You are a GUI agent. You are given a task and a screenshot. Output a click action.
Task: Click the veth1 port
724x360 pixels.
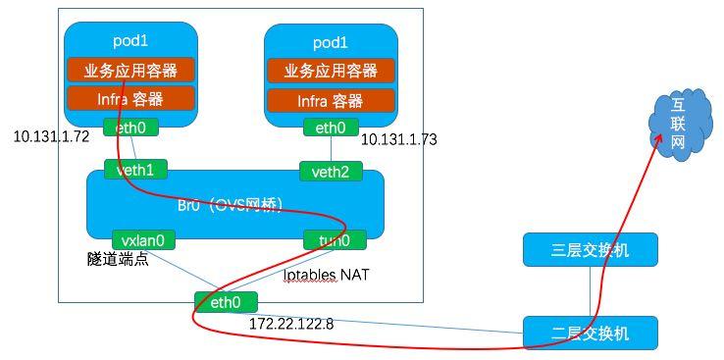(134, 171)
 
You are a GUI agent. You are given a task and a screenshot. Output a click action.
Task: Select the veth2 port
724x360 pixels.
(331, 172)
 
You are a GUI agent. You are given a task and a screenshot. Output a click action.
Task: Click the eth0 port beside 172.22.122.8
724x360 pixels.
(225, 302)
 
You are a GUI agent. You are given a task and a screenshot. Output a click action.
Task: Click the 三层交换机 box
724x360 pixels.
(590, 250)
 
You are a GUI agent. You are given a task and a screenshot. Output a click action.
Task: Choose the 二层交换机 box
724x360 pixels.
(590, 333)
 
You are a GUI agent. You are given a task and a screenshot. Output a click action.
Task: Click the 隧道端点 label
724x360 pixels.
(117, 260)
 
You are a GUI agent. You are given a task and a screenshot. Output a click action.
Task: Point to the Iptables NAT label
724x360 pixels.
(326, 276)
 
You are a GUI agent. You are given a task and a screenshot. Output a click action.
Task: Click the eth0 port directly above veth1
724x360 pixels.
(130, 127)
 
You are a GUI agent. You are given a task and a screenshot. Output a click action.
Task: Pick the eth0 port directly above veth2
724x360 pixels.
(331, 128)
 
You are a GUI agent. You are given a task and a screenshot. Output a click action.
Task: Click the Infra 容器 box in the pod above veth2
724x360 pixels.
(330, 101)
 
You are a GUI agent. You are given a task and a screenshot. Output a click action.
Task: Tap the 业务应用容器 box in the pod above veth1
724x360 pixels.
(129, 71)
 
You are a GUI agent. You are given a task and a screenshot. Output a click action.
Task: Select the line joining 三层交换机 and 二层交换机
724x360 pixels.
(590, 291)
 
